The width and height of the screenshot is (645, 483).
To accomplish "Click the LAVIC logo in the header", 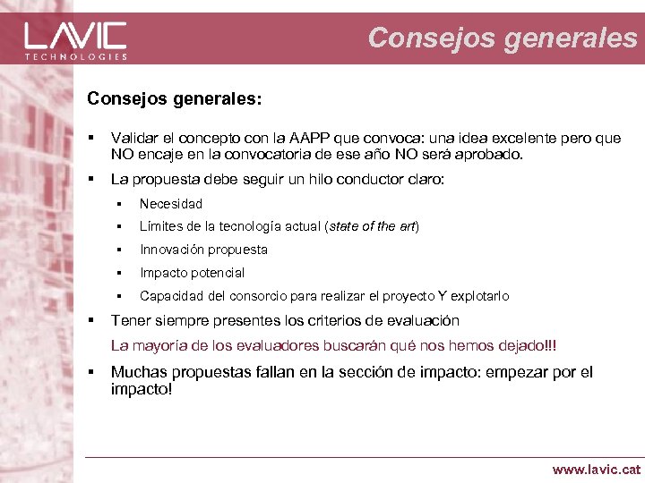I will click(76, 36).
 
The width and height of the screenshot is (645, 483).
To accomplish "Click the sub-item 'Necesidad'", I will click(171, 203).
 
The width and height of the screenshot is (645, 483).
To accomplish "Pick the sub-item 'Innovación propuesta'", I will click(203, 250).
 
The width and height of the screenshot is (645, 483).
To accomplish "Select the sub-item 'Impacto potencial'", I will click(192, 273).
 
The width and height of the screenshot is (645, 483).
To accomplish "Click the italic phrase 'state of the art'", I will click(373, 226).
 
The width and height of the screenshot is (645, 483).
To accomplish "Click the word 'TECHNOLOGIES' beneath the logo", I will click(76, 56).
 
